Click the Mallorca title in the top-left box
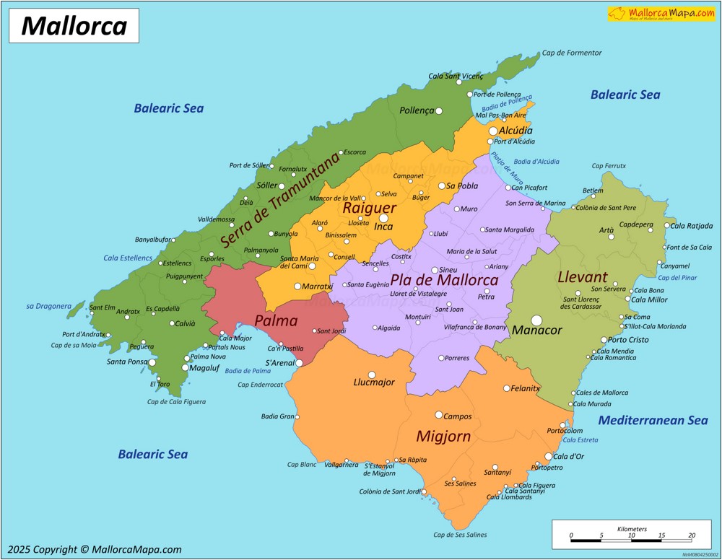74,26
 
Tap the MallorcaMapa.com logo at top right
661,14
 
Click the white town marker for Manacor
536,320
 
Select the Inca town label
383,227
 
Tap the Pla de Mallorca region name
444,279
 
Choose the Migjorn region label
443,437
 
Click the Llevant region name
583,277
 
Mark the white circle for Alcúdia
493,131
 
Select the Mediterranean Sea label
653,420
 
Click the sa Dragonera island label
49,306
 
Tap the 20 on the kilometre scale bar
692,535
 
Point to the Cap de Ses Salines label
460,535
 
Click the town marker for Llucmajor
372,375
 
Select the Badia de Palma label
248,371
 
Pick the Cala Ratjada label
691,225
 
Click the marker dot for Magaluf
185,367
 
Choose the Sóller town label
266,185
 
